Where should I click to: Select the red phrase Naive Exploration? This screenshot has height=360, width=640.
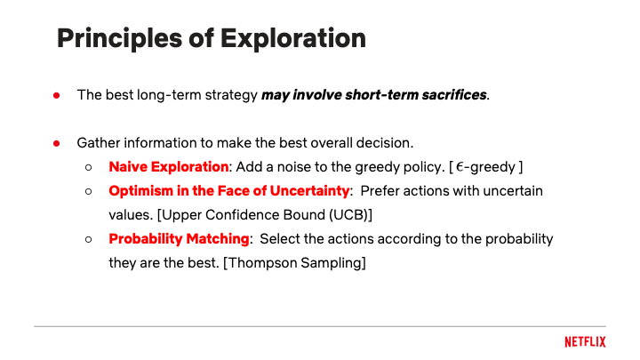pyautogui.click(x=169, y=167)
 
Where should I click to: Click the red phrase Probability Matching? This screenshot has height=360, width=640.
pyautogui.click(x=179, y=239)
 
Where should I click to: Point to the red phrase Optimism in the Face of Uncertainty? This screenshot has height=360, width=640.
pyautogui.click(x=229, y=191)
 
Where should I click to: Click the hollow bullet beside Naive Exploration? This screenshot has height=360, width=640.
pyautogui.click(x=89, y=167)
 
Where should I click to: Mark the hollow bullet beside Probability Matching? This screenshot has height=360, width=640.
pyautogui.click(x=89, y=239)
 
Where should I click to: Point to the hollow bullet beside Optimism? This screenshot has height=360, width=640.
pyautogui.click(x=89, y=191)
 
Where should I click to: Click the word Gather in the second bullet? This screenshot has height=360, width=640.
pyautogui.click(x=98, y=143)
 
